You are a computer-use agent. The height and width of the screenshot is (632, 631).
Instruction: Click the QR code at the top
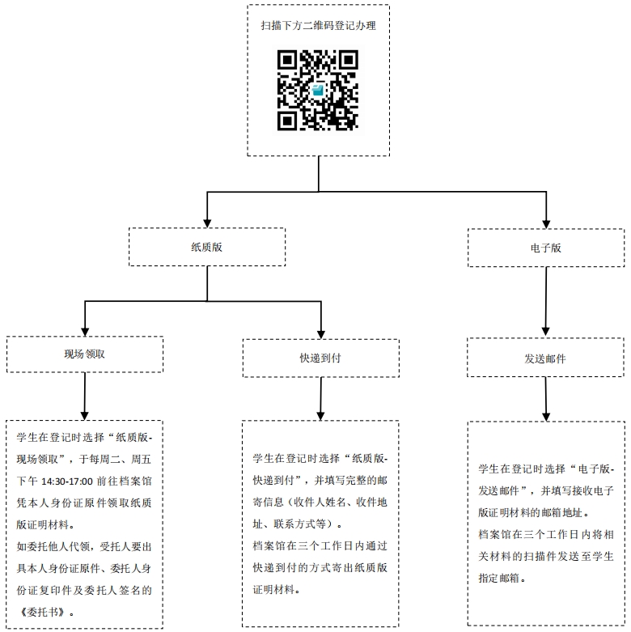[318, 91]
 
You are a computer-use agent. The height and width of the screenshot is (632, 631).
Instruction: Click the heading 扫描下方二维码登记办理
[318, 26]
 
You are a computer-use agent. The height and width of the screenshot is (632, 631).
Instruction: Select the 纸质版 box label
[206, 248]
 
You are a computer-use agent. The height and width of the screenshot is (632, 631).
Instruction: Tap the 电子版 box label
[546, 248]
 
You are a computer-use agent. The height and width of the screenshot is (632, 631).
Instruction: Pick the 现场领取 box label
[85, 355]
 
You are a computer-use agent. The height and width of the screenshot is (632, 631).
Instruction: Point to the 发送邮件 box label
[545, 358]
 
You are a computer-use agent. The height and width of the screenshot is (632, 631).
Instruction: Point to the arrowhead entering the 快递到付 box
[321, 332]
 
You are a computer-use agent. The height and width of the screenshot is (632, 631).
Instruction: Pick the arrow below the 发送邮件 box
[547, 397]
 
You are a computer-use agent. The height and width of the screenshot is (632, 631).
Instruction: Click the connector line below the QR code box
[319, 174]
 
